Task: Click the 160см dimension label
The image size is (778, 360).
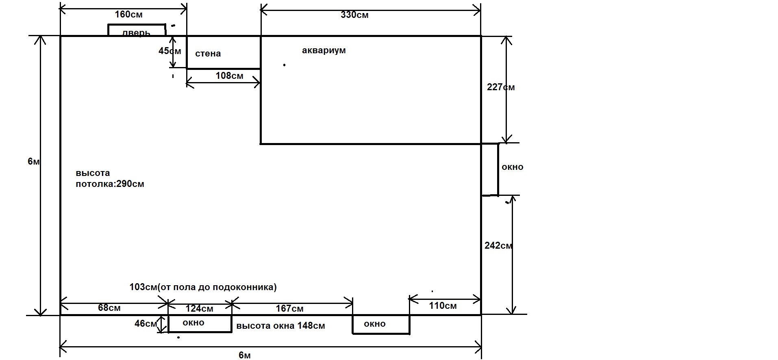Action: pos(129,15)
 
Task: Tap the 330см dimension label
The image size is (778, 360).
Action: pos(355,15)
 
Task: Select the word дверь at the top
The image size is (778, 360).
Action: pos(136,33)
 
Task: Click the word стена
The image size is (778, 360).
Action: pos(208,54)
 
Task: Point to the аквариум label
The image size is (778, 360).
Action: pos(324,50)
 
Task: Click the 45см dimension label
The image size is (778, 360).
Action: pos(170,51)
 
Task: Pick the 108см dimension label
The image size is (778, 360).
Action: pos(230,76)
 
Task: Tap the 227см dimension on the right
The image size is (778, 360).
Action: pos(501,87)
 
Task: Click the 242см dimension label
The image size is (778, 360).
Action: pos(499,245)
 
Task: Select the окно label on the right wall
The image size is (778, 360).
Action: pos(512,167)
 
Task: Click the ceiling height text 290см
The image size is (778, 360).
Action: pos(130,184)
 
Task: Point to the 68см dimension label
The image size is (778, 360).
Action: pos(109,308)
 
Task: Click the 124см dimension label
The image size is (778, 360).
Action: pos(199,309)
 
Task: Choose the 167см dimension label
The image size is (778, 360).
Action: pos(289,309)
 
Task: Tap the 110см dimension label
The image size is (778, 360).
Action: pos(443,306)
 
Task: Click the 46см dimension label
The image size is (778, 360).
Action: pos(146,324)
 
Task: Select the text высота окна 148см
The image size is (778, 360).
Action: pos(280,326)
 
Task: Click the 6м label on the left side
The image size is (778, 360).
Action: pos(34,161)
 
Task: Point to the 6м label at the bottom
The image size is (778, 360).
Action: pos(245,355)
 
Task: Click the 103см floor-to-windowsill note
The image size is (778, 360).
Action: pos(203,287)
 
